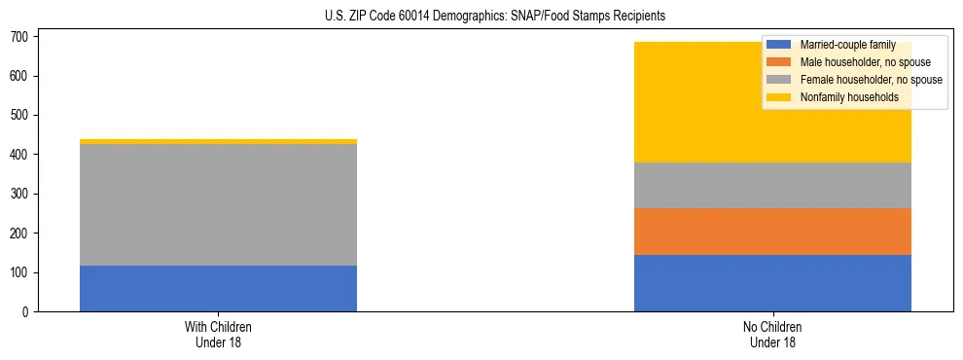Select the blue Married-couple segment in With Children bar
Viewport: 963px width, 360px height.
coord(218,288)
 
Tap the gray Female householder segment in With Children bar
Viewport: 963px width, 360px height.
coord(218,204)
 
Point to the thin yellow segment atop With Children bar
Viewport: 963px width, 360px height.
coord(218,141)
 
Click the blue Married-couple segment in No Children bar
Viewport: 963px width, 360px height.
coord(772,283)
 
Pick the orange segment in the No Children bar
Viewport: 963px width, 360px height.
coord(772,232)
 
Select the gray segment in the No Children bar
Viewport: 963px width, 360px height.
coord(772,185)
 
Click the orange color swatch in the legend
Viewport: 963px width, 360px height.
coord(779,62)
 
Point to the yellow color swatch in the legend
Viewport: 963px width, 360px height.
coord(779,97)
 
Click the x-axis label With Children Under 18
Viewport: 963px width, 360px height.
coord(218,335)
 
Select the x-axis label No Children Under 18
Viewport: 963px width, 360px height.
coord(772,335)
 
